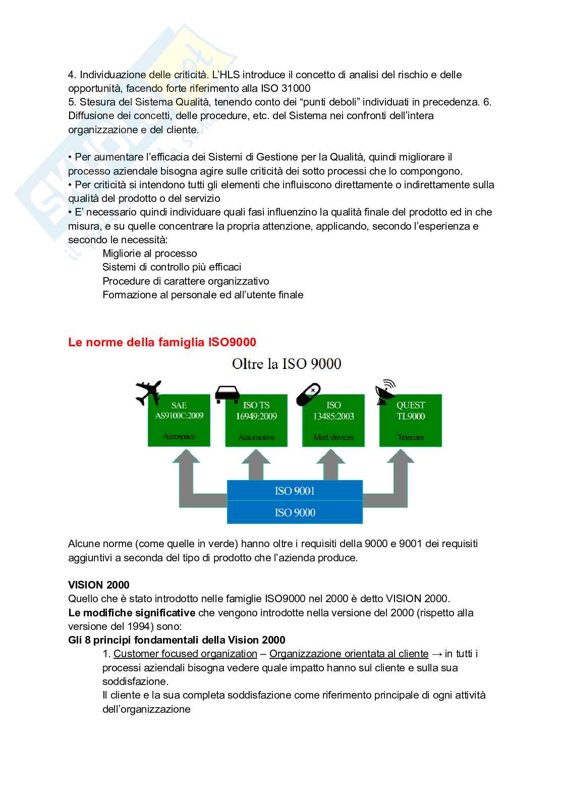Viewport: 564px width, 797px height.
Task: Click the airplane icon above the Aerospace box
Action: [148, 392]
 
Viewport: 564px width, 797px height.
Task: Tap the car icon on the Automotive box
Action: [228, 393]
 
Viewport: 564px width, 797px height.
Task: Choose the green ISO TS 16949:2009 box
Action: [256, 421]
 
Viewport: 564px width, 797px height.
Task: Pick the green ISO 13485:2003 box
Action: [333, 421]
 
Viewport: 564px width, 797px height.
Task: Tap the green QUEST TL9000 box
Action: [411, 421]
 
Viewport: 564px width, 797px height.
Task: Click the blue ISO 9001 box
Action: [295, 490]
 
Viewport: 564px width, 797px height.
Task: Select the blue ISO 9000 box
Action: [295, 512]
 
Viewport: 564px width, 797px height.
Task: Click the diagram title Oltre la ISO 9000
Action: [286, 363]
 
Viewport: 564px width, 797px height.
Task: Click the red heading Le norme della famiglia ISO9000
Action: [162, 342]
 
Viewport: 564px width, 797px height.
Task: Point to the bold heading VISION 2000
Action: [99, 585]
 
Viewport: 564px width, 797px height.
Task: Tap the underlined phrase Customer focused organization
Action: [185, 654]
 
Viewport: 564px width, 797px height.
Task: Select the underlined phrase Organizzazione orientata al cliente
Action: [349, 654]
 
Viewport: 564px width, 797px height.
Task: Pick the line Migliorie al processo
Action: [150, 253]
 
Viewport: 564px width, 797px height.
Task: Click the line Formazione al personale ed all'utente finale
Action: [203, 295]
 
